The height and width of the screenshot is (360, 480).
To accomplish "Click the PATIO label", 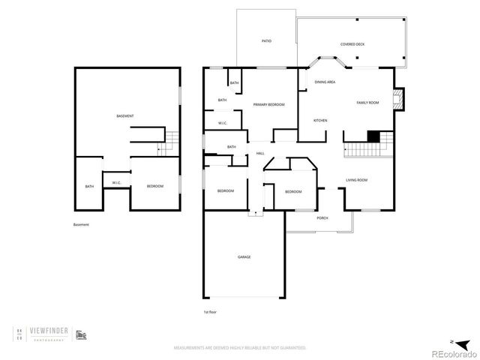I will tap(266, 41).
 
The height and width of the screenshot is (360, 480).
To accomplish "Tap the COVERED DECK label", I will tap(352, 44).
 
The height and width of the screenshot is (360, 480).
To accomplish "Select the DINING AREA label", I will tap(325, 82).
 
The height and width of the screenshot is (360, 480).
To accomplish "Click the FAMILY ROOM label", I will tap(367, 102).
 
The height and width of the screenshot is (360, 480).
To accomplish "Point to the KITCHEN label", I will tap(320, 120).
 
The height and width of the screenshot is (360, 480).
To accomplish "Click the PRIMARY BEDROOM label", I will tap(268, 104).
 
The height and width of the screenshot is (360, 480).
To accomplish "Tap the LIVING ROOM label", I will tap(356, 180).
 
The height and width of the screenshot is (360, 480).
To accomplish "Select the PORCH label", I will tap(322, 217).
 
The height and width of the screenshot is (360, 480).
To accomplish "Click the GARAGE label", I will tap(244, 257).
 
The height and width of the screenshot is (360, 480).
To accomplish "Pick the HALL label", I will tap(260, 153).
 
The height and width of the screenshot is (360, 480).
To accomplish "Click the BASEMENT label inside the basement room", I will tap(125, 115).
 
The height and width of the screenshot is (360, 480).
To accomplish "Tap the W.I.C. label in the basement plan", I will tap(117, 182).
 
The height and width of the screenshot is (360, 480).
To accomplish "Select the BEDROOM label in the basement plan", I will tap(155, 185).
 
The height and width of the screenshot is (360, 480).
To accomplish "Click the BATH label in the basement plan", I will tap(89, 187).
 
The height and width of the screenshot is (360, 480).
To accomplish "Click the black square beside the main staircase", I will tap(373, 136).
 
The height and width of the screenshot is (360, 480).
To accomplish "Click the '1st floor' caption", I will tap(210, 311).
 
